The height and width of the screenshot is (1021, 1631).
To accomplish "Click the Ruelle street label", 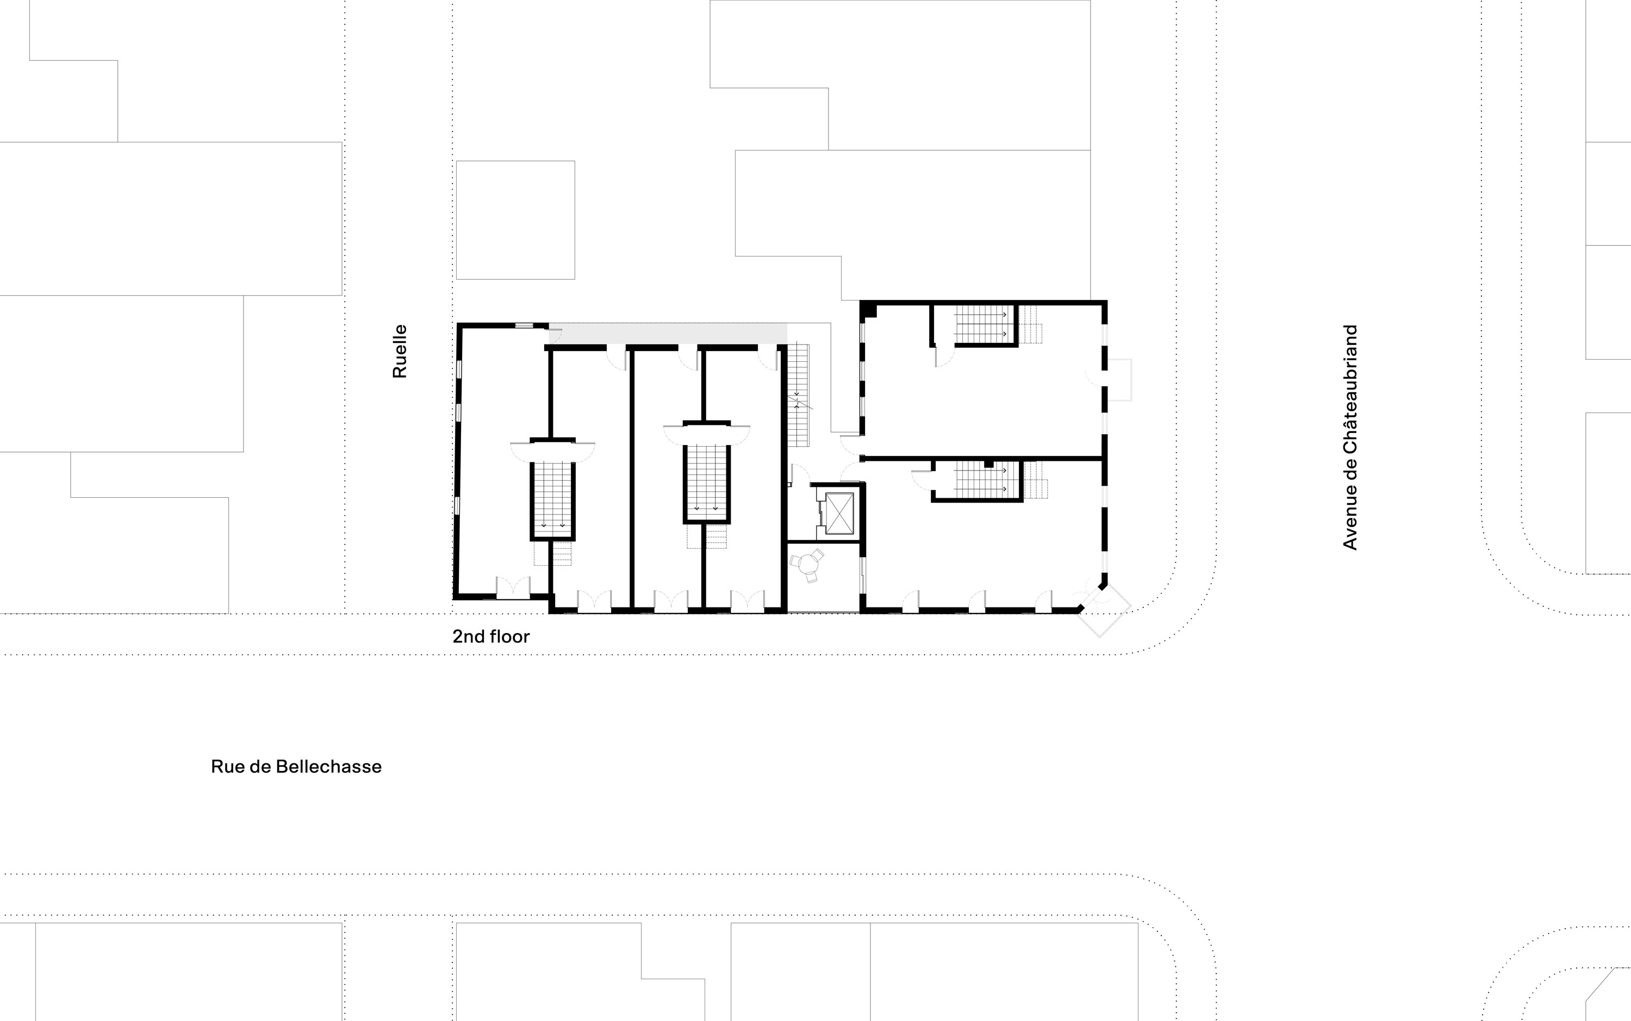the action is pyautogui.click(x=400, y=351).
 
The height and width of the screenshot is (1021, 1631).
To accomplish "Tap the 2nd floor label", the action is pyautogui.click(x=491, y=636).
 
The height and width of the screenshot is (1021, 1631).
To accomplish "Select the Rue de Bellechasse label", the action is pyautogui.click(x=296, y=766).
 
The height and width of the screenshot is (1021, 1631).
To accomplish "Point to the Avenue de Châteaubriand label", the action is pyautogui.click(x=1350, y=437).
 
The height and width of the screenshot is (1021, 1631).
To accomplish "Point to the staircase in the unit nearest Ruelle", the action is pyautogui.click(x=552, y=500).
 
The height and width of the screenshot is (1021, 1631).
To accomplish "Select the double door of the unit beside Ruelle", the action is pyautogui.click(x=513, y=587).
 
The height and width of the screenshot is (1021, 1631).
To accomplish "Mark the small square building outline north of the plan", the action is pyautogui.click(x=515, y=220).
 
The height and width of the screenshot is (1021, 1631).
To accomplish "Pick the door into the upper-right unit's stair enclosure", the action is pyautogui.click(x=944, y=356).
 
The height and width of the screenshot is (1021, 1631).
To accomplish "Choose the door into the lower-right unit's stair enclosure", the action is pyautogui.click(x=922, y=479).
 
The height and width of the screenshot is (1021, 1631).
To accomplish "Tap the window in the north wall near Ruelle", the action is pyautogui.click(x=524, y=325).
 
